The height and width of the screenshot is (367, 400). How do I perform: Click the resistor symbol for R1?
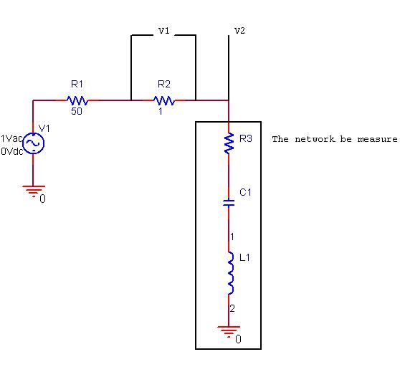pyautogui.click(x=77, y=100)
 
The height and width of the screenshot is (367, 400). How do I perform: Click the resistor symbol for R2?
pyautogui.click(x=164, y=100)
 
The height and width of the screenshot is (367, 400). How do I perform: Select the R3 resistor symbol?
pyautogui.click(x=229, y=143)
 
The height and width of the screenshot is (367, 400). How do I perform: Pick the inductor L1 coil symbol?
pyautogui.click(x=230, y=272)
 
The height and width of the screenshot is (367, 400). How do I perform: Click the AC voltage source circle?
pyautogui.click(x=34, y=143)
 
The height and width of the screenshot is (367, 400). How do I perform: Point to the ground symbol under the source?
pyautogui.click(x=33, y=191)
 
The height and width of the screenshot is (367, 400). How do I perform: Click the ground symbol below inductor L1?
pyautogui.click(x=229, y=331)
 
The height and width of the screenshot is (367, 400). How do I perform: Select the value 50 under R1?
pyautogui.click(x=77, y=112)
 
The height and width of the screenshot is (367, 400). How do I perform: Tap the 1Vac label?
pyautogui.click(x=12, y=138)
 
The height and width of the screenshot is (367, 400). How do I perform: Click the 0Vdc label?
pyautogui.click(x=12, y=151)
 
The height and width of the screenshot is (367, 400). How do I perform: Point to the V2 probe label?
pyautogui.click(x=239, y=32)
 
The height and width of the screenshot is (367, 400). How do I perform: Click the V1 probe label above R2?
pyautogui.click(x=164, y=32)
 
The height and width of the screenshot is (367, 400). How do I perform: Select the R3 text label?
pyautogui.click(x=246, y=138)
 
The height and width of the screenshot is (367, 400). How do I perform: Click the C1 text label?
pyautogui.click(x=244, y=192)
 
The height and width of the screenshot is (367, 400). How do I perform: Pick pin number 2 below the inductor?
pyautogui.click(x=232, y=308)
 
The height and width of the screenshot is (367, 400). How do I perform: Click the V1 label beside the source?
pyautogui.click(x=44, y=128)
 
